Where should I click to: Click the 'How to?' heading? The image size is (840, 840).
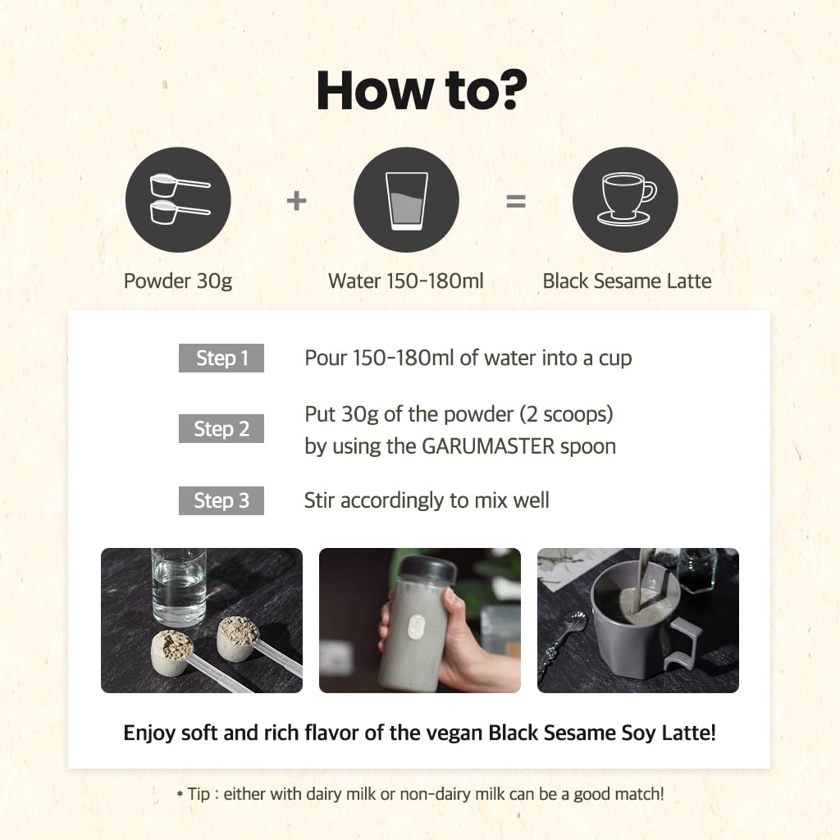coord(421,90)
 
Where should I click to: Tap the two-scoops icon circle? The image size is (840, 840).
coord(178,200)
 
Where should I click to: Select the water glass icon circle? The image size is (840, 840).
coord(406,200)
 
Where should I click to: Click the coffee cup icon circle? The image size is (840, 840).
coord(625,200)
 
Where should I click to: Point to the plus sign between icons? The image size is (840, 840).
coord(296,200)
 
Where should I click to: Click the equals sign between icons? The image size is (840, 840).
coord(515,200)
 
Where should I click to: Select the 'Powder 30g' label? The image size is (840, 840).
coord(178,281)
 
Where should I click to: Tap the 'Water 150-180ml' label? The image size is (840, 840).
coord(406,281)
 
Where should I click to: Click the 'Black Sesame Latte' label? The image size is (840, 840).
coord(627,281)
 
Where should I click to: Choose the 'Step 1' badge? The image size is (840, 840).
coord(221,358)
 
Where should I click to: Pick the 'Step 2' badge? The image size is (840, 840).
coord(221,428)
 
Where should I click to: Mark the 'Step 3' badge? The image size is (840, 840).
coord(221,500)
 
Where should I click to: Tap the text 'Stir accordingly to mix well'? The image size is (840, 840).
coord(427,500)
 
